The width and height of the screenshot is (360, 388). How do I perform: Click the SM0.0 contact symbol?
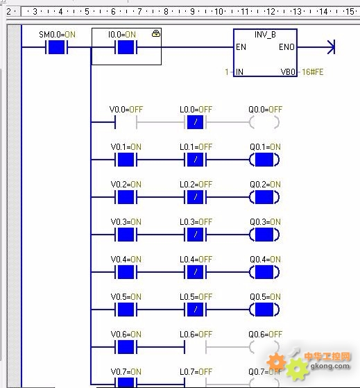pyautogui.click(x=56, y=47)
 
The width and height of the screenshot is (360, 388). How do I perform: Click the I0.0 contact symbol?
pyautogui.click(x=126, y=47)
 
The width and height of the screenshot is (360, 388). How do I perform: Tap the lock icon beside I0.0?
pyautogui.click(x=156, y=33)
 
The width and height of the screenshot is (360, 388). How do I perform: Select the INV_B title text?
pyautogui.click(x=265, y=35)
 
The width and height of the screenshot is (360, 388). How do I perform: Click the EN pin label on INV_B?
pyautogui.click(x=241, y=47)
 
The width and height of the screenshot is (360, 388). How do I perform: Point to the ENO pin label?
pyautogui.click(x=286, y=47)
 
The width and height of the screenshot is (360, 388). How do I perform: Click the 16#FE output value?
pyautogui.click(x=313, y=72)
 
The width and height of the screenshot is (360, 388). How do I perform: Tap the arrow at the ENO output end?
pyautogui.click(x=331, y=47)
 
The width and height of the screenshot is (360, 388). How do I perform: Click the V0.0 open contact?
pyautogui.click(x=126, y=122)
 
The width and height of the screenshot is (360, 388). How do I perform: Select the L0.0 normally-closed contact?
pyautogui.click(x=196, y=122)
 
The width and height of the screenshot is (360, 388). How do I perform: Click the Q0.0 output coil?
pyautogui.click(x=264, y=122)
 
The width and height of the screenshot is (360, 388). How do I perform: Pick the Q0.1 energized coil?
pyautogui.click(x=264, y=160)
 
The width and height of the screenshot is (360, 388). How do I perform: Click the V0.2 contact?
pyautogui.click(x=126, y=197)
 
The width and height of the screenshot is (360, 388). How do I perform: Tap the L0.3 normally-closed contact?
pyautogui.click(x=196, y=235)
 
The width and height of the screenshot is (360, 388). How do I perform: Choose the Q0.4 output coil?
pyautogui.click(x=264, y=272)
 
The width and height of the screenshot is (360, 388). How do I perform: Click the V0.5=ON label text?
pyautogui.click(x=126, y=296)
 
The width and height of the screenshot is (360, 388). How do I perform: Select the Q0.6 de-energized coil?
pyautogui.click(x=264, y=347)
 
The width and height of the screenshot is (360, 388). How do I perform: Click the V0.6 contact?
pyautogui.click(x=126, y=347)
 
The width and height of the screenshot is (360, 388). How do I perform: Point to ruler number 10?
pyautogui.click(x=218, y=11)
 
